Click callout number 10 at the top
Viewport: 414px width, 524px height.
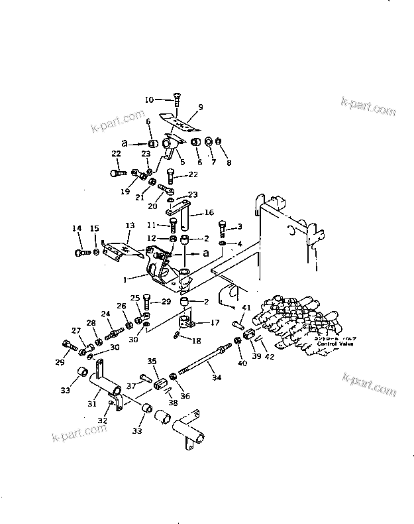tap(149, 99)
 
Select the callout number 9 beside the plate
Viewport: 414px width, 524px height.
tap(201, 107)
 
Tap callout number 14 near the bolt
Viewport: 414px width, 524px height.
tap(77, 229)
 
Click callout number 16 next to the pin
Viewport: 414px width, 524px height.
tap(209, 214)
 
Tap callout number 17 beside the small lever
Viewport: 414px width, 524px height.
tap(215, 323)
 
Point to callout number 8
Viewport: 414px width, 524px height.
tap(230, 163)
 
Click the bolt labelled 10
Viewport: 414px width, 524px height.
tap(177, 100)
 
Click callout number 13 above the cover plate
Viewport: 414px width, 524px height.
tap(129, 226)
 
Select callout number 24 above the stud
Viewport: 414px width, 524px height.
tap(105, 314)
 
